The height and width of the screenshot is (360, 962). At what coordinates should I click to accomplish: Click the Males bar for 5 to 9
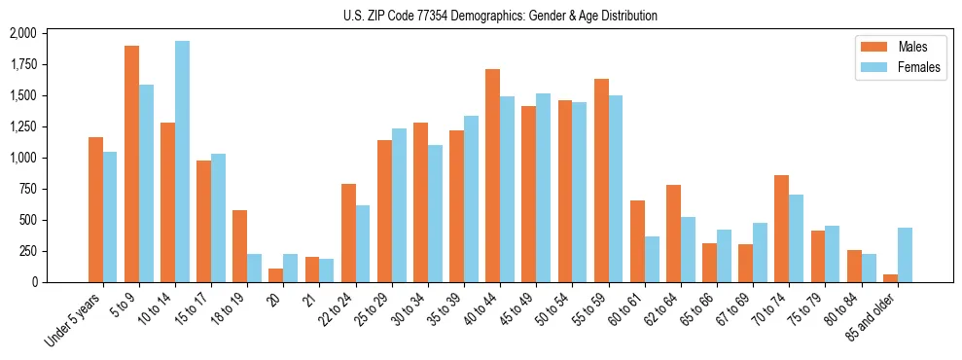[x=131, y=163]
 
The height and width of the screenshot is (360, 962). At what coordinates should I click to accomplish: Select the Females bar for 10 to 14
[x=182, y=162]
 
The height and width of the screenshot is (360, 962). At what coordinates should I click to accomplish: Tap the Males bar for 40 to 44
[x=492, y=175]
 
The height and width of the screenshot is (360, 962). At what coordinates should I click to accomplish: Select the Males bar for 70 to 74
[x=781, y=229]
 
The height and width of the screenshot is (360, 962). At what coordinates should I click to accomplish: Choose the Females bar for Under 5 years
[x=110, y=217]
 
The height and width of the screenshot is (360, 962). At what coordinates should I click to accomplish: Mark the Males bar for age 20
[x=275, y=275]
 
